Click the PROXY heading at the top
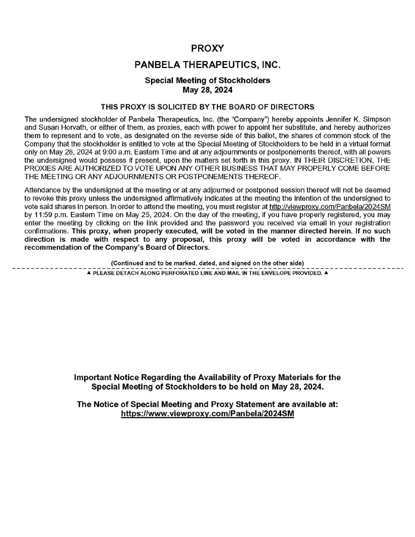(207, 49)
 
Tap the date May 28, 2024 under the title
(207, 89)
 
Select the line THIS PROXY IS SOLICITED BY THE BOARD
(207, 107)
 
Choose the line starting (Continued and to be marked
(207, 263)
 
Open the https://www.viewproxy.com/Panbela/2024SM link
(207, 414)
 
